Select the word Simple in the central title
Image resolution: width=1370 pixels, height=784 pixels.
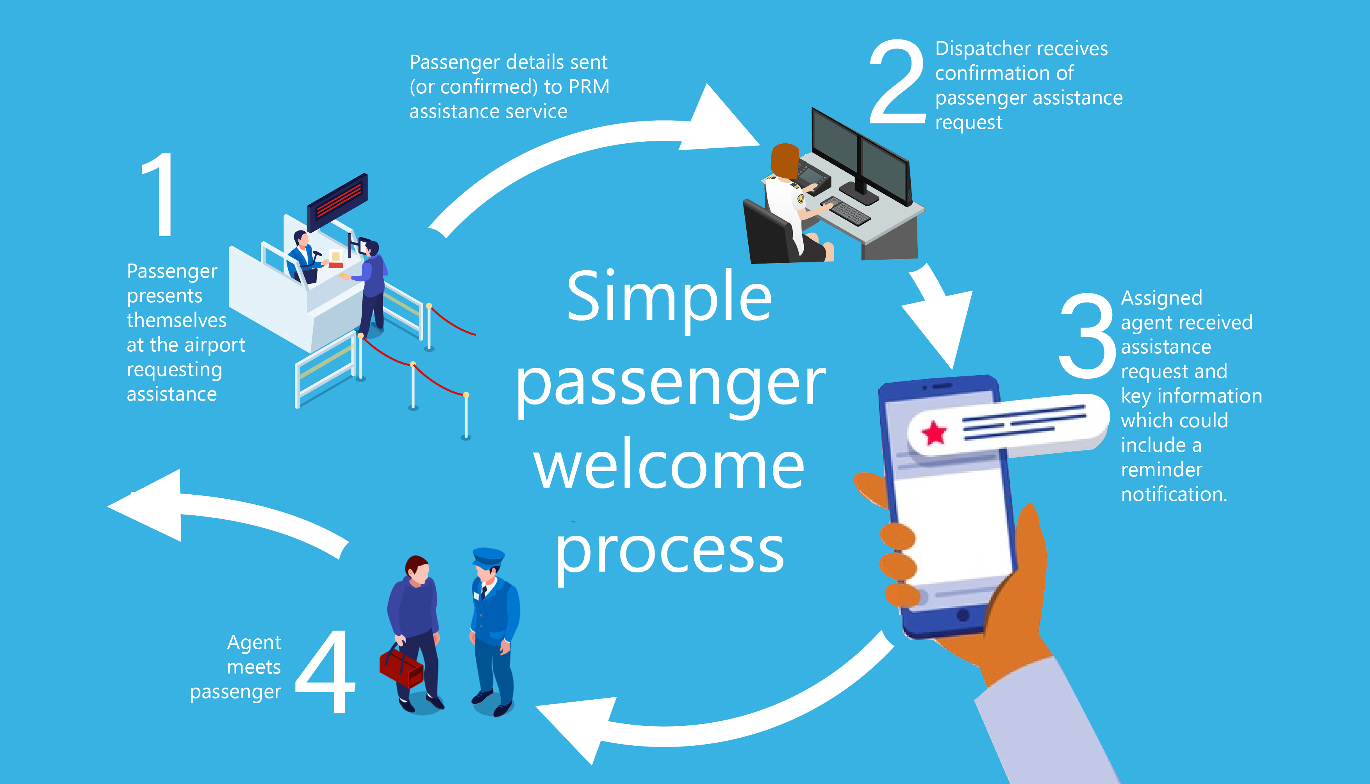[669, 298]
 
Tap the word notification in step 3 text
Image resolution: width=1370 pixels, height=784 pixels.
[1174, 494]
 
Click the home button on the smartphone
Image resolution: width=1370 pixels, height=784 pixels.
[963, 615]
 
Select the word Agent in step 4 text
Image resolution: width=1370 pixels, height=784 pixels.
[254, 642]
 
